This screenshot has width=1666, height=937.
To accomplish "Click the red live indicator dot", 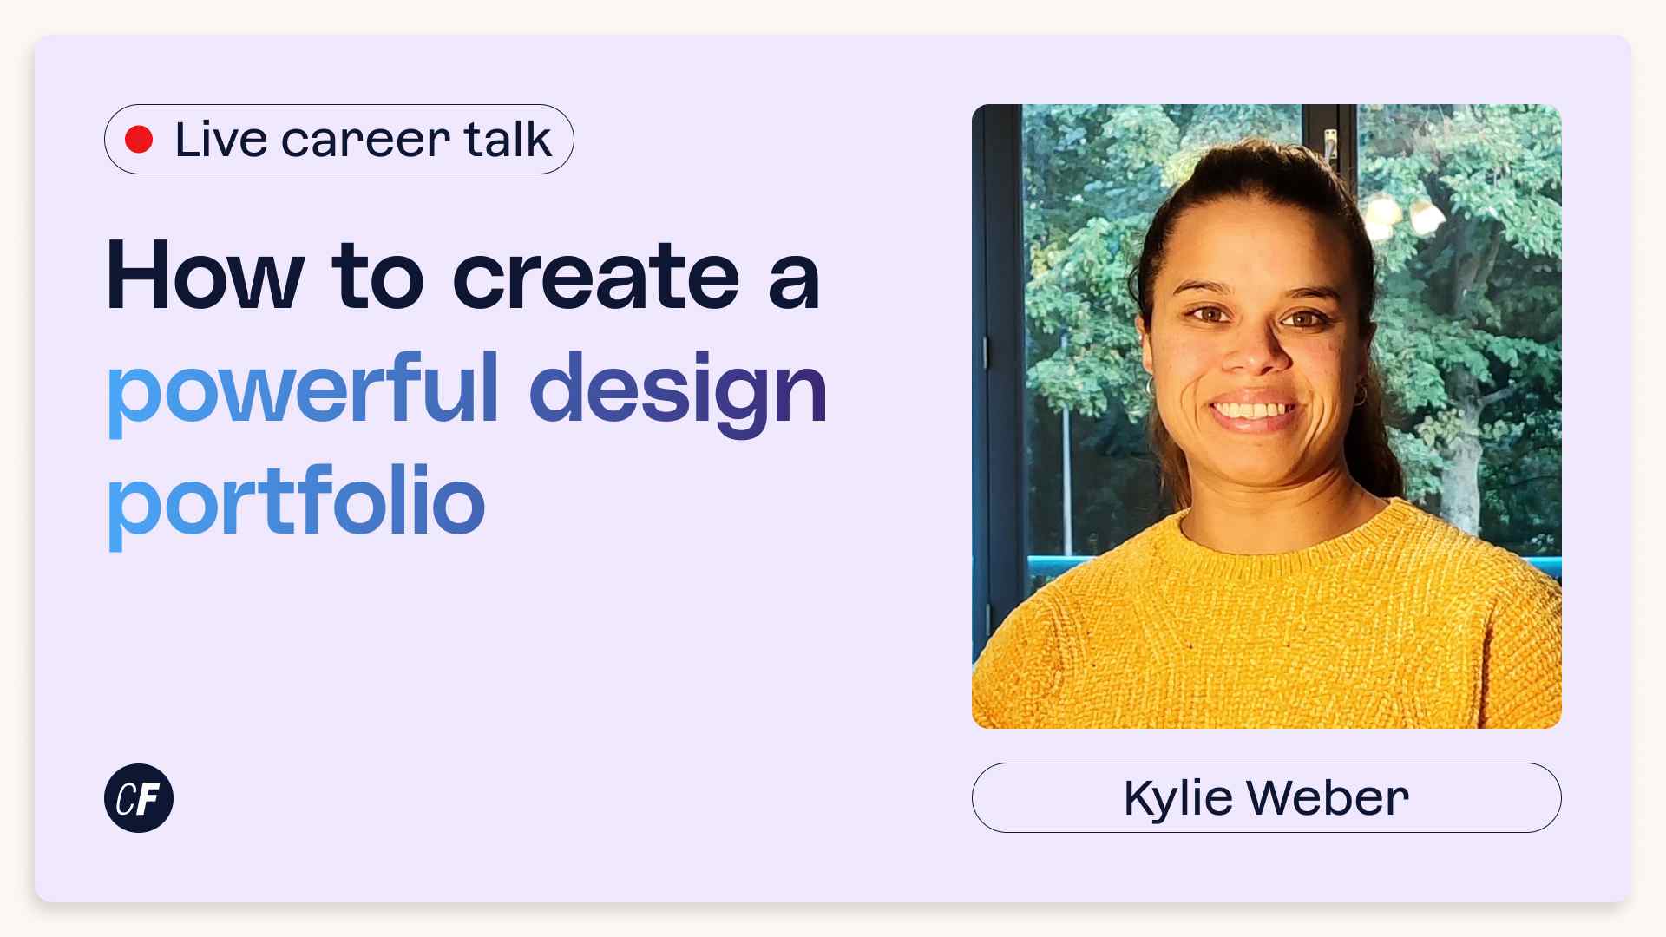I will point(139,140).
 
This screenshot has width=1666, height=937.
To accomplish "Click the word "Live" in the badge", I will point(220,140).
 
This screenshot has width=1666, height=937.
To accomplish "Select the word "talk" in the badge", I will point(508,140).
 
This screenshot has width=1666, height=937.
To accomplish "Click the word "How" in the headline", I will point(205,277).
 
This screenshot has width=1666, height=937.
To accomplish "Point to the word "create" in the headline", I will point(596,277).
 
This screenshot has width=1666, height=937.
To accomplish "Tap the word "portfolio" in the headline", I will point(296,503).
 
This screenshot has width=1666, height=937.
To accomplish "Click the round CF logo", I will point(139,798).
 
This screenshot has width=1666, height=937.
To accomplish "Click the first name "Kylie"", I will point(1177,798).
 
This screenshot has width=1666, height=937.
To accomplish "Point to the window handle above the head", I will point(1330,143).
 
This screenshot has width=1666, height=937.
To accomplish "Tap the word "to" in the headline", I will point(377,277).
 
